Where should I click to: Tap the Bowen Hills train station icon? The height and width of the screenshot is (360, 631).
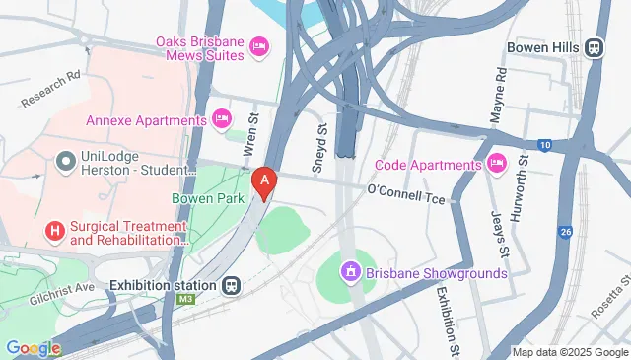595,47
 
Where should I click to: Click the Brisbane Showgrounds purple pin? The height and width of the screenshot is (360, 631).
349,271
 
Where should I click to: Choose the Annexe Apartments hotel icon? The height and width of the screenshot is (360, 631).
223,119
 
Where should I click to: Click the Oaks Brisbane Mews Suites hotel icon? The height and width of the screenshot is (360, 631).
260,45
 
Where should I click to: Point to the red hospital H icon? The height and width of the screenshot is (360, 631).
55,231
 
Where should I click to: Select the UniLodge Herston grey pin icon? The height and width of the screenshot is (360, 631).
67,159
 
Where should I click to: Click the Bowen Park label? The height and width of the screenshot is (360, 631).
207,198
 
